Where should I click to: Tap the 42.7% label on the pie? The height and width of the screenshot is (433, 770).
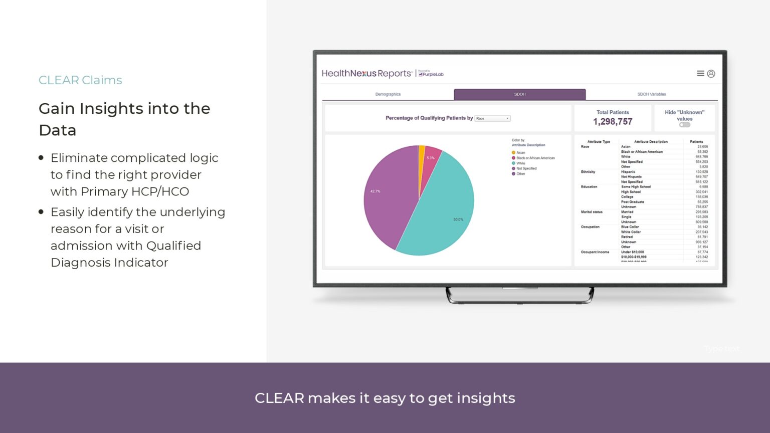375,191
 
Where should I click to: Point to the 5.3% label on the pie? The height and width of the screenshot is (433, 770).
431,158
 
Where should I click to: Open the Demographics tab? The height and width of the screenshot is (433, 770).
388,94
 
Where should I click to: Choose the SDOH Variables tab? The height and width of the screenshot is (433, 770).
651,94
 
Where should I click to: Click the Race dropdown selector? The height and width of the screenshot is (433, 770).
492,118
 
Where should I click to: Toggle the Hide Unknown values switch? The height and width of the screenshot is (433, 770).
684,125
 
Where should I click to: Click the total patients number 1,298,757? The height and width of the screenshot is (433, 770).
613,122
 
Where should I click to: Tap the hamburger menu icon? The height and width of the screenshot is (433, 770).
700,74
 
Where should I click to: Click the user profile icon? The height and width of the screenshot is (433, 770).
711,74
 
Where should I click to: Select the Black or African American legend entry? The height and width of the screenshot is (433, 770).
535,158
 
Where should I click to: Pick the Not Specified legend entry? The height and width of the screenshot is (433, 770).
526,168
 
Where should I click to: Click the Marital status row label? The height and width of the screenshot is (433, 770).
592,212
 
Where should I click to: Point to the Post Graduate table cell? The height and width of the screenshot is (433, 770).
632,202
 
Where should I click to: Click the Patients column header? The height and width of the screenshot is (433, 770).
696,142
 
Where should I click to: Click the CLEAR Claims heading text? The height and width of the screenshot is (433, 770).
80,80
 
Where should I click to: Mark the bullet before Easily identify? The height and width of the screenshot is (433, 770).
41,212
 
